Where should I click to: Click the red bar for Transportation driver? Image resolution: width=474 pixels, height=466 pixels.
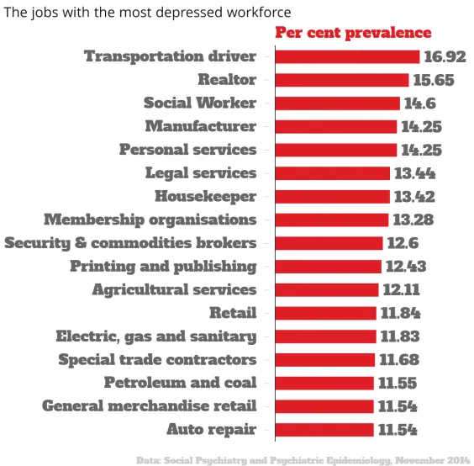(x=347, y=56)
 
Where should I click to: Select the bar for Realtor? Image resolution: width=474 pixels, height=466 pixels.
(x=342, y=80)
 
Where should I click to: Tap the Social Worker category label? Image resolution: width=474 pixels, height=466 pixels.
(x=200, y=103)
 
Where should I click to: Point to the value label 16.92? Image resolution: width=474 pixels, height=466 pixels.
(x=445, y=56)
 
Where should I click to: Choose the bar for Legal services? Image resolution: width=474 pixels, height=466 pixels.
(x=333, y=173)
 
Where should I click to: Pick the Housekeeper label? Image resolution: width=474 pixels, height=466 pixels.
(x=205, y=196)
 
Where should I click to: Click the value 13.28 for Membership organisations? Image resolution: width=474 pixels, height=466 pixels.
(x=413, y=220)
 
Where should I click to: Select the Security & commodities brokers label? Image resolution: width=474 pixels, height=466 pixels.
(x=130, y=243)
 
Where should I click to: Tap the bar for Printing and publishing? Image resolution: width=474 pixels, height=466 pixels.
(x=329, y=267)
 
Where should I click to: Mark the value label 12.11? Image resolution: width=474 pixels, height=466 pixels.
(x=402, y=290)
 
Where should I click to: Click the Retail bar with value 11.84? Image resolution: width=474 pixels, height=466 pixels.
(x=326, y=313)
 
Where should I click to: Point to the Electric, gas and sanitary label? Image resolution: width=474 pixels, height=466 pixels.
(x=156, y=336)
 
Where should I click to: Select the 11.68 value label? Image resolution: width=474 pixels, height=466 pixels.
(x=399, y=360)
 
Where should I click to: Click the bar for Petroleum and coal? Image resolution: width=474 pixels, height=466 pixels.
(x=324, y=383)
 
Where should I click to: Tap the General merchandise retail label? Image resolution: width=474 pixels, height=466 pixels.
(x=150, y=406)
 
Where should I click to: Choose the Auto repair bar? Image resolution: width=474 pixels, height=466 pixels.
(x=324, y=429)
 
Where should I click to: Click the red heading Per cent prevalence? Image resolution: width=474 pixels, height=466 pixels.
(x=354, y=33)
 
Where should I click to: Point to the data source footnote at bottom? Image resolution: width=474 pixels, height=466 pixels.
(x=303, y=459)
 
